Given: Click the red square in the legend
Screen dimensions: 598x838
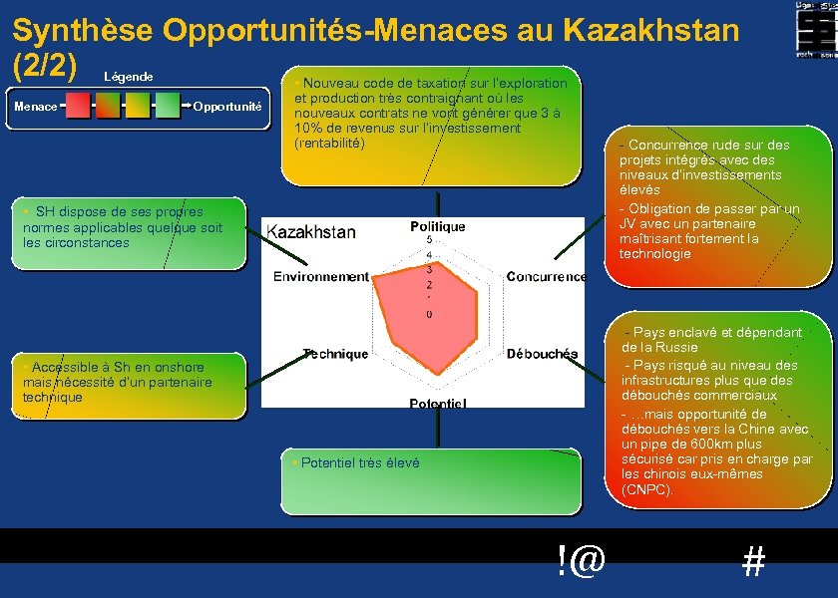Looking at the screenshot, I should tap(78, 106).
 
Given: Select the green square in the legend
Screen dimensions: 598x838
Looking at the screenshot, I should tap(168, 106).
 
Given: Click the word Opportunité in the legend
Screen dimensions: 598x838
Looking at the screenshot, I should tap(227, 107).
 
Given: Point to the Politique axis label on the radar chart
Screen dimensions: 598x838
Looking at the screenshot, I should tap(437, 227).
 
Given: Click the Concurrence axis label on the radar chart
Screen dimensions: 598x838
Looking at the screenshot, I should tap(546, 276).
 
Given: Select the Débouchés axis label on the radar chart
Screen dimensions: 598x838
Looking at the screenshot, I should tap(542, 354).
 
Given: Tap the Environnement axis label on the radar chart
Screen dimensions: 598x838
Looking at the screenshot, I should tap(321, 276).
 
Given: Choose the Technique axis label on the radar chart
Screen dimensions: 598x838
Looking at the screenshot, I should tap(336, 354).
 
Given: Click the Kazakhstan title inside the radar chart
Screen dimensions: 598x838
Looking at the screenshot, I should tap(311, 232).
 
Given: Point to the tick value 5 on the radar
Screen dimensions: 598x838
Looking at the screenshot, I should tap(429, 240).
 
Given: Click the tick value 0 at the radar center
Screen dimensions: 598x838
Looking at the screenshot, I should tap(429, 315).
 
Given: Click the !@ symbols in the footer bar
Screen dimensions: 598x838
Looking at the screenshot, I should tap(582, 561).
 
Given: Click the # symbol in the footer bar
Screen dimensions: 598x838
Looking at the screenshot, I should tap(754, 563).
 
